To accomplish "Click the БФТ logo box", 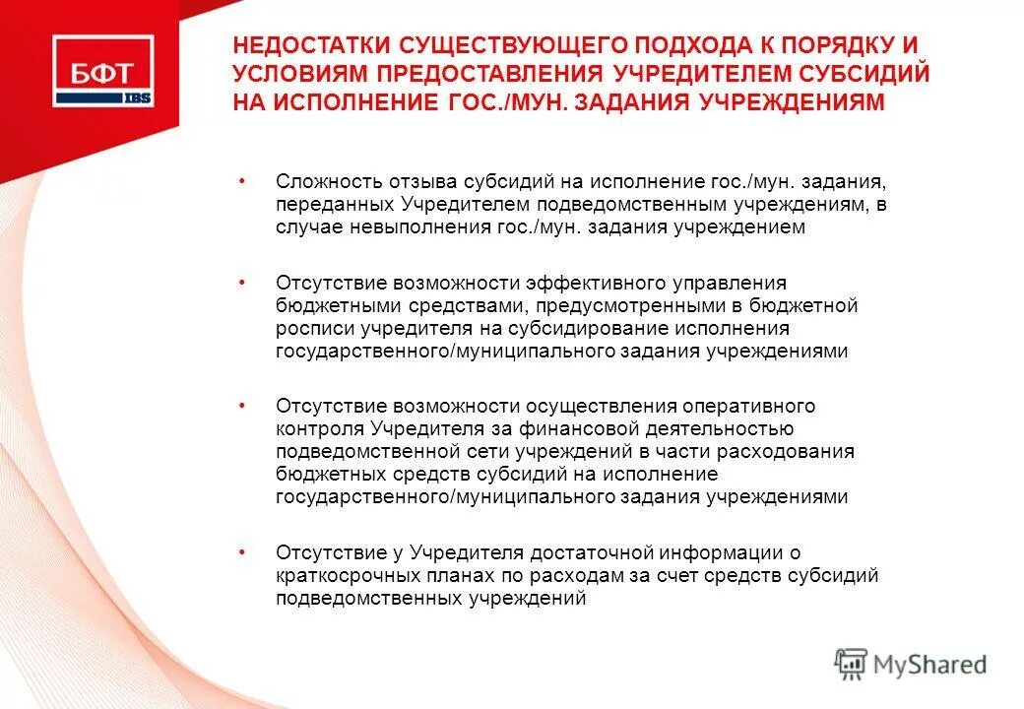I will pos(102,71).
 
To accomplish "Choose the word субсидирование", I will pos(569,328).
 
